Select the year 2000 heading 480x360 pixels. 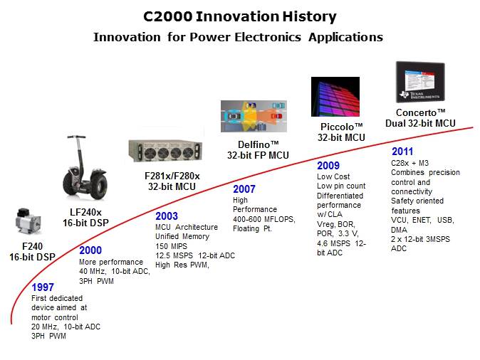(x=90, y=251)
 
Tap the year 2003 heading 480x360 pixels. (x=167, y=216)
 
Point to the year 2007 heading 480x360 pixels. (x=245, y=189)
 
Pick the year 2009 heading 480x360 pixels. (x=328, y=166)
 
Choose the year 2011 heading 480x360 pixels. (x=404, y=152)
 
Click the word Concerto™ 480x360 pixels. (x=422, y=112)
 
